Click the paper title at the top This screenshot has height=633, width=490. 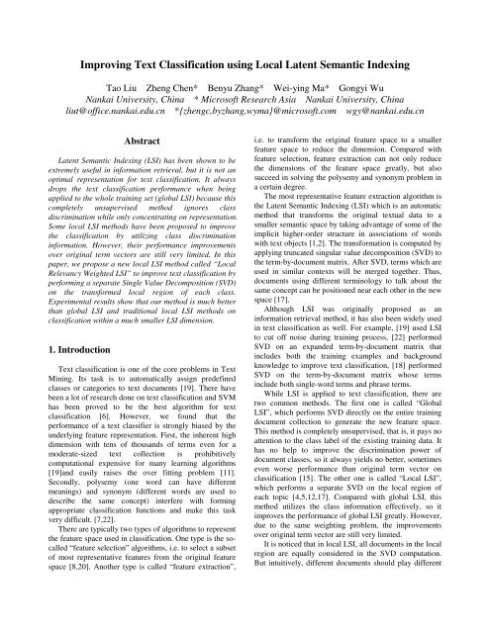click(245, 39)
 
